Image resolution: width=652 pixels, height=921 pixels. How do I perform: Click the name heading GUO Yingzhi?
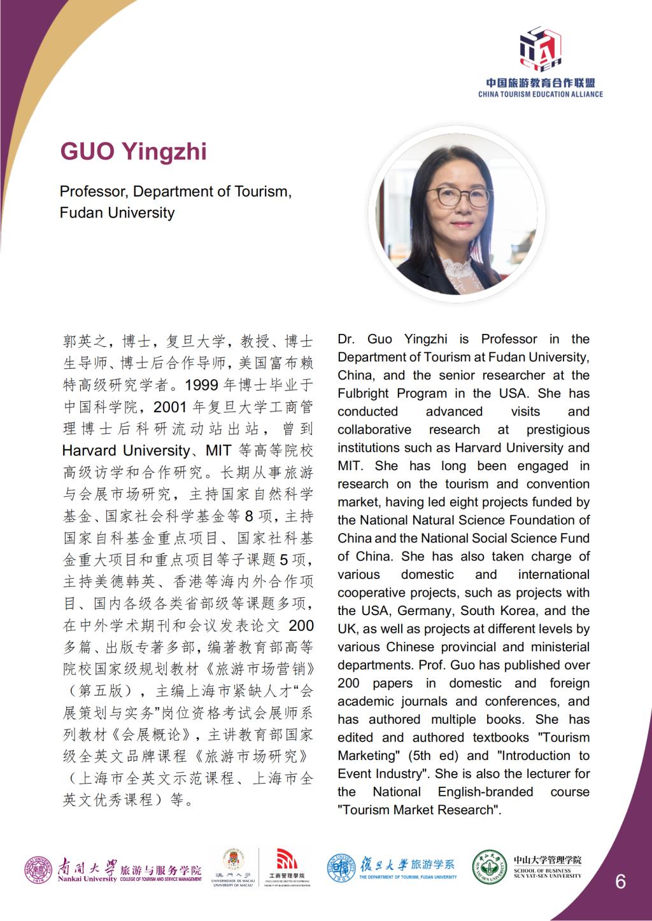133,152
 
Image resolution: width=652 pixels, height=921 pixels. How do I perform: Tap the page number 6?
620,881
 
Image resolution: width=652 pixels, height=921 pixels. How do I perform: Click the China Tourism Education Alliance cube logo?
541,47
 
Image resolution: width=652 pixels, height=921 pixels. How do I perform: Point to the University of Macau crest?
232,859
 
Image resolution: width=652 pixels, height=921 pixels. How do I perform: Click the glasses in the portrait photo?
457,197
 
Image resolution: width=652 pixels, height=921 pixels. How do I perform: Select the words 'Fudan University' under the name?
117,212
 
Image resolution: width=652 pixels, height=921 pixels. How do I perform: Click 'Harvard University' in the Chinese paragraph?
125,451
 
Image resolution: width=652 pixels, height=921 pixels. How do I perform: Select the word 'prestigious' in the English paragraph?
558,429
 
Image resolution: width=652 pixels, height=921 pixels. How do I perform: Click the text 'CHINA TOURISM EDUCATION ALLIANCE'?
541,94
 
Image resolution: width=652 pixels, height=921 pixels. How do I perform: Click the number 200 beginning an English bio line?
348,683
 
